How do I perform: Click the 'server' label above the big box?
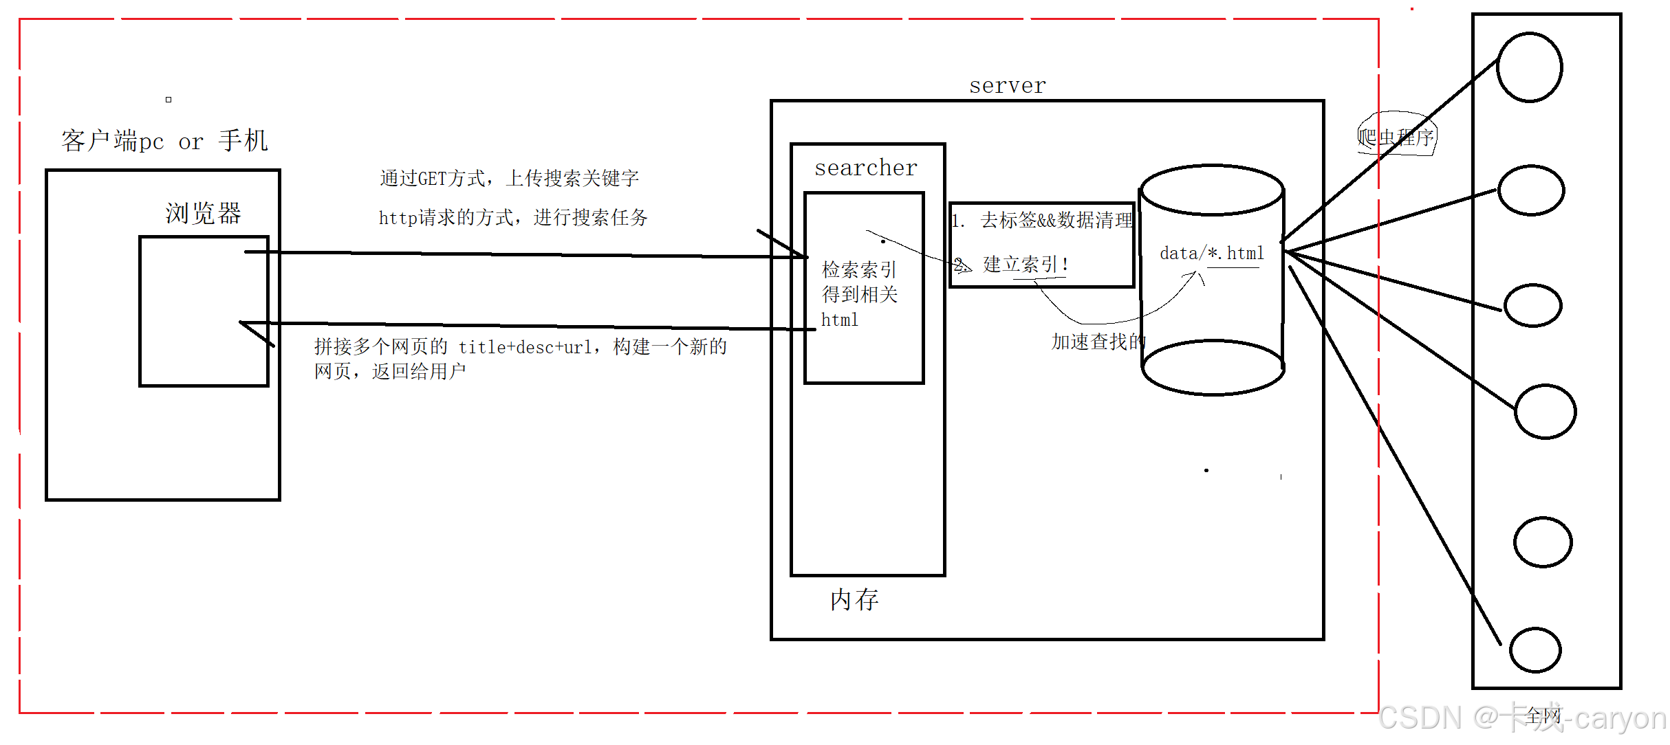point(1007,86)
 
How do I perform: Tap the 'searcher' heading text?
point(866,168)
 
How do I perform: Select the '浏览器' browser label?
point(203,213)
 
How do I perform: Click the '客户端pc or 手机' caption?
point(164,141)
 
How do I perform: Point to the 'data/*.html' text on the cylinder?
point(1212,254)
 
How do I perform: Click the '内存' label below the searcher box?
point(854,600)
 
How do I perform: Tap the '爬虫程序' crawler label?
point(1396,137)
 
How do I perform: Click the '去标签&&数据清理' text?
point(1056,220)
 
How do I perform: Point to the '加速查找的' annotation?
point(1098,342)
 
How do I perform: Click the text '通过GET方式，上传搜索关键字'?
point(509,179)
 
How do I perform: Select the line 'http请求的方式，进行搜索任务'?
point(513,218)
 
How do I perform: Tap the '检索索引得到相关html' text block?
point(860,294)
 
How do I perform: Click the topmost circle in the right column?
point(1529,67)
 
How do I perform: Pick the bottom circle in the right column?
point(1535,649)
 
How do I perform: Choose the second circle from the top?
point(1531,190)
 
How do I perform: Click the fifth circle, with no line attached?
point(1543,542)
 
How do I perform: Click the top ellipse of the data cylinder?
point(1213,190)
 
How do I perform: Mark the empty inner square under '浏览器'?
point(204,311)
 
